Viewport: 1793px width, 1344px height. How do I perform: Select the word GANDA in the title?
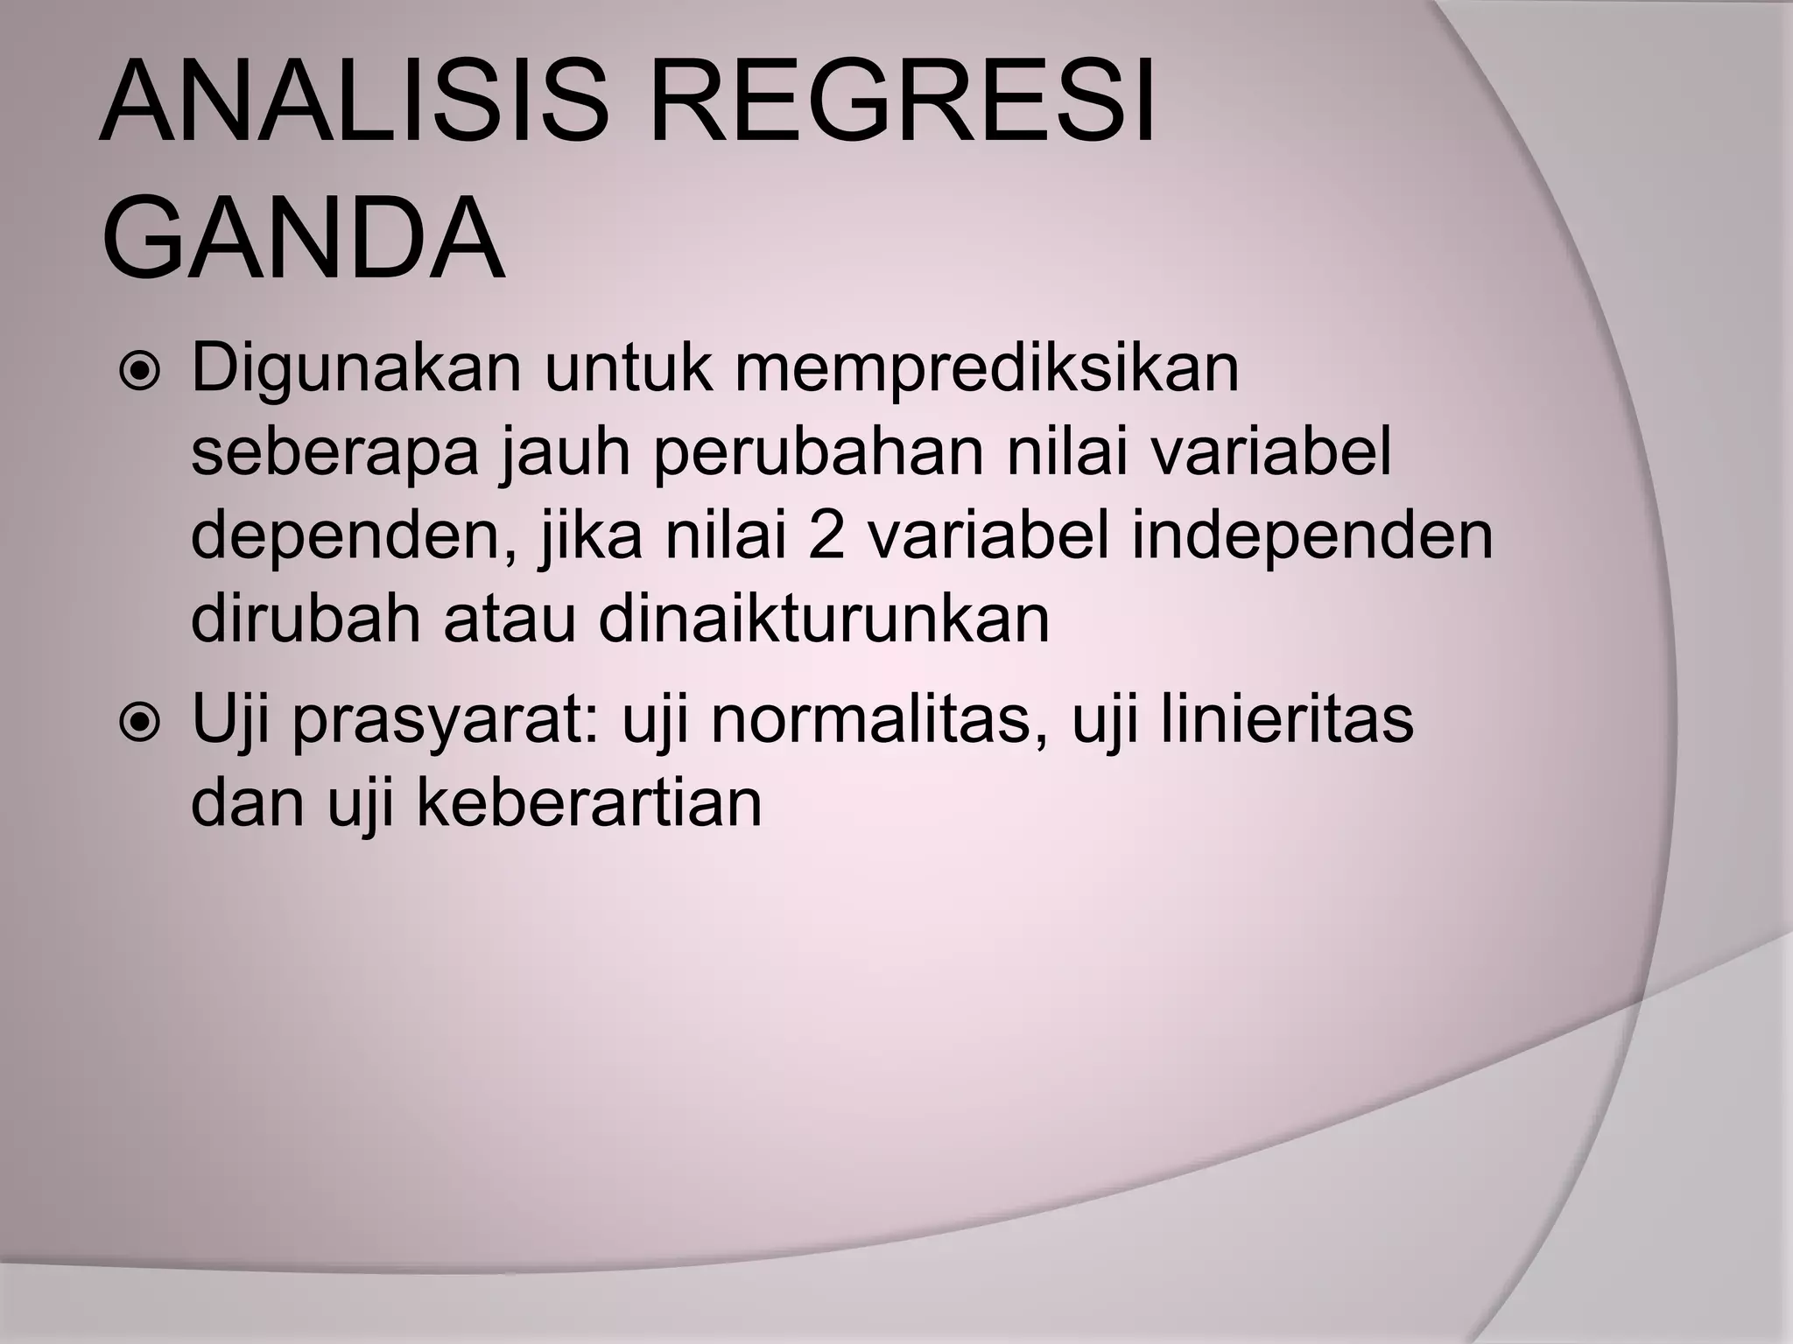click(303, 238)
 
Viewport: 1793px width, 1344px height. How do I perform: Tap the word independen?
click(1312, 537)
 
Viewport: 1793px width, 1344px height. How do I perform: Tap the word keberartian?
click(588, 803)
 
